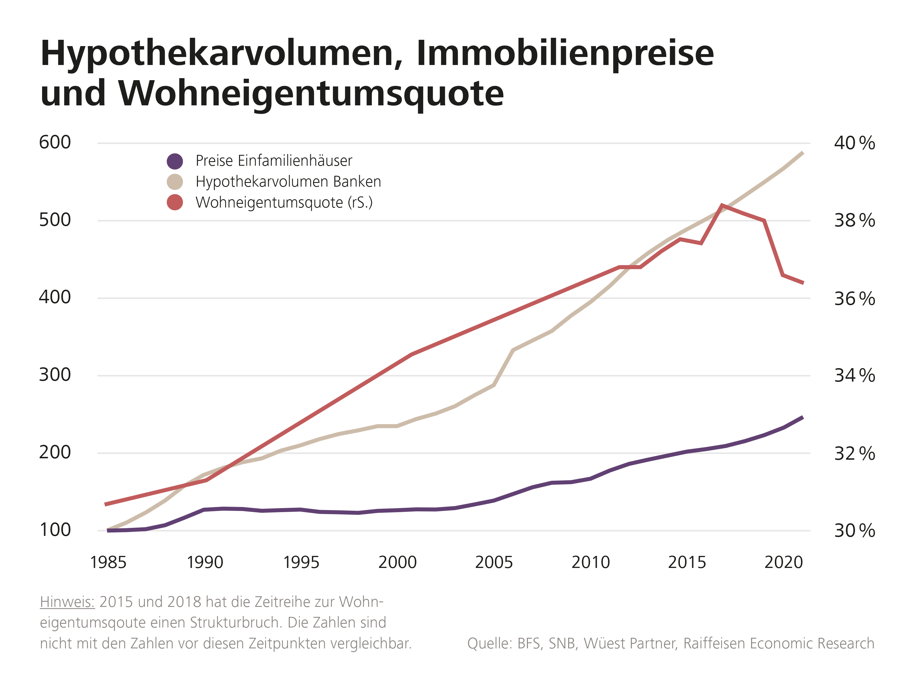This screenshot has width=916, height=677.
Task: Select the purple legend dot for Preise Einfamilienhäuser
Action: coord(175,161)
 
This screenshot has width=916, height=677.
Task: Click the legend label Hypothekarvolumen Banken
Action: coord(288,181)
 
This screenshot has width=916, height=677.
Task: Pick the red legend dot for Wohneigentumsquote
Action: coord(175,202)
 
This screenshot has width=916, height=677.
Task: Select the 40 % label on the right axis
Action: coord(854,143)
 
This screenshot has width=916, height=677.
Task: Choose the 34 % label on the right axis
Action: coord(854,376)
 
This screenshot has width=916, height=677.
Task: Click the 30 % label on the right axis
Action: coord(854,531)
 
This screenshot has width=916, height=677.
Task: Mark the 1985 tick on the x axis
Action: coord(108,562)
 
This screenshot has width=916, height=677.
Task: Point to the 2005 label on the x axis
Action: coord(494,562)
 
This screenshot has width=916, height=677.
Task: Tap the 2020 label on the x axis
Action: coord(783,562)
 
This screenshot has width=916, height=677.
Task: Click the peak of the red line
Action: coord(722,205)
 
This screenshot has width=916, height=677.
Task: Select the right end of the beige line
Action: coord(802,153)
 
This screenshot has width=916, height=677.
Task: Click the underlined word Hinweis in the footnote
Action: coord(67,602)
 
